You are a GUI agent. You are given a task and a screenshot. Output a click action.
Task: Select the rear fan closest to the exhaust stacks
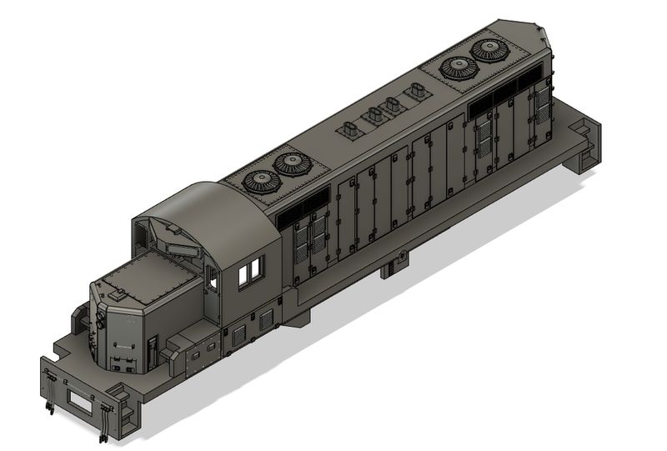coord(457,68)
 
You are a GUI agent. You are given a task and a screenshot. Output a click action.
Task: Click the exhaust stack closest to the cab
coord(350,131)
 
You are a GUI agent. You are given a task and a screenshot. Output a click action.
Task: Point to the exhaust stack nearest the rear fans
coord(415,93)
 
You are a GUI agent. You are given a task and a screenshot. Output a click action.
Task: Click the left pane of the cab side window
coord(243,276)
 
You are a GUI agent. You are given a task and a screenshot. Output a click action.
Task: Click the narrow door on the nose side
coord(152,351)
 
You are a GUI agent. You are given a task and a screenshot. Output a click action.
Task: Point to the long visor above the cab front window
coord(178,248)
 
